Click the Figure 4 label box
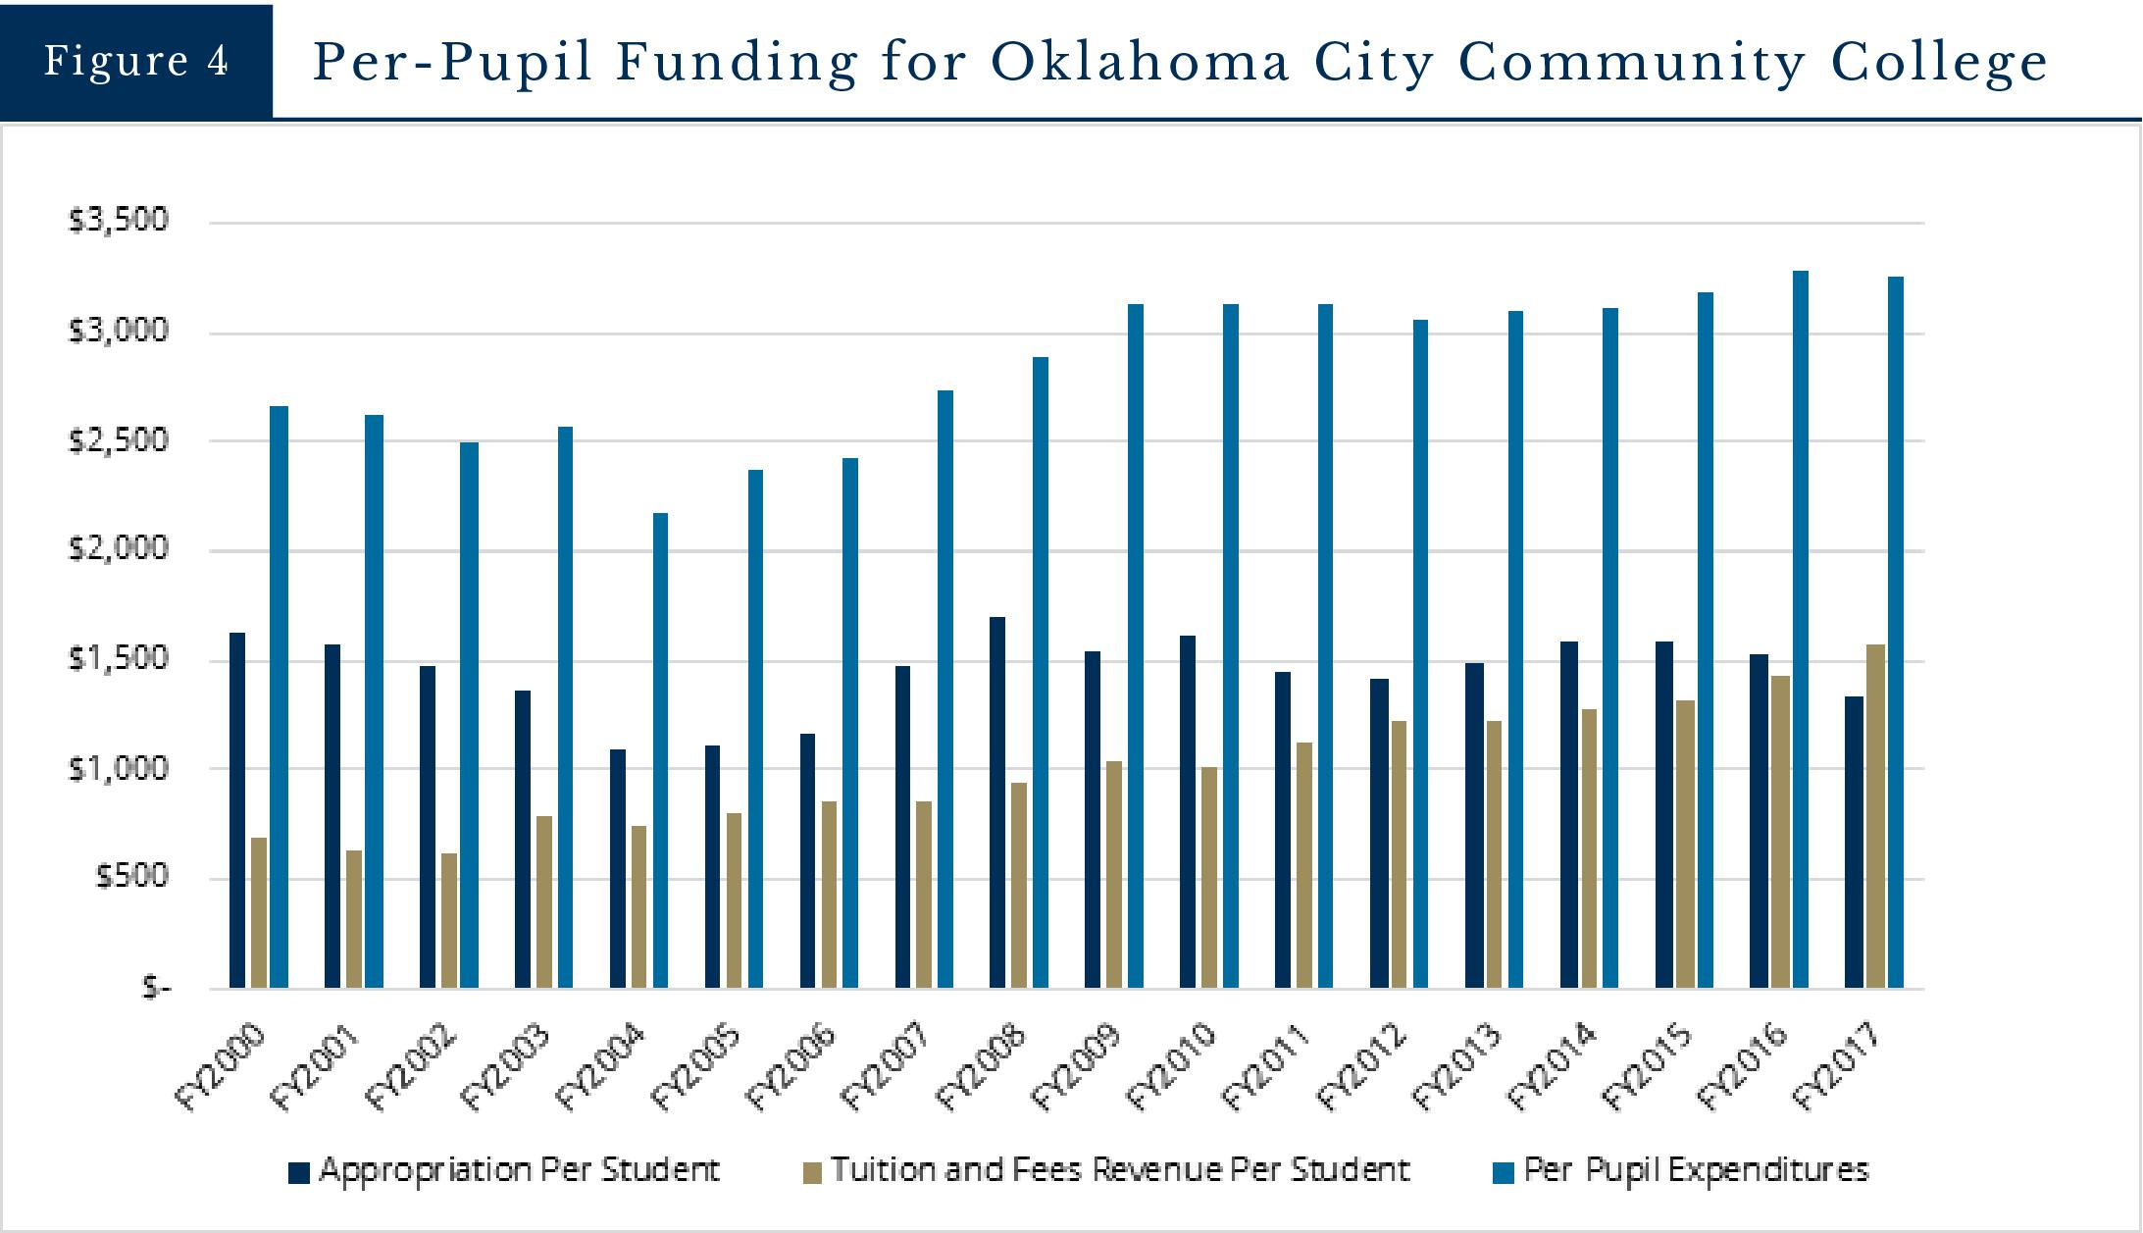136,61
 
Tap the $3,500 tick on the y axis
119,221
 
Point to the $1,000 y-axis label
119,768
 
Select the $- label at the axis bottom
156,988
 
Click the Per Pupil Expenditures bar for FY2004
660,750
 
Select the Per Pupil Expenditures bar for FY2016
1801,629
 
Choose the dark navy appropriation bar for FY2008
997,802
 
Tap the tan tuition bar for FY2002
449,920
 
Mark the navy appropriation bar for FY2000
237,810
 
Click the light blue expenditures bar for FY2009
1136,645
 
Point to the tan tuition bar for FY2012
1399,854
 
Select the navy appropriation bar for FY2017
1854,842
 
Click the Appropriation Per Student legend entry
505,1171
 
